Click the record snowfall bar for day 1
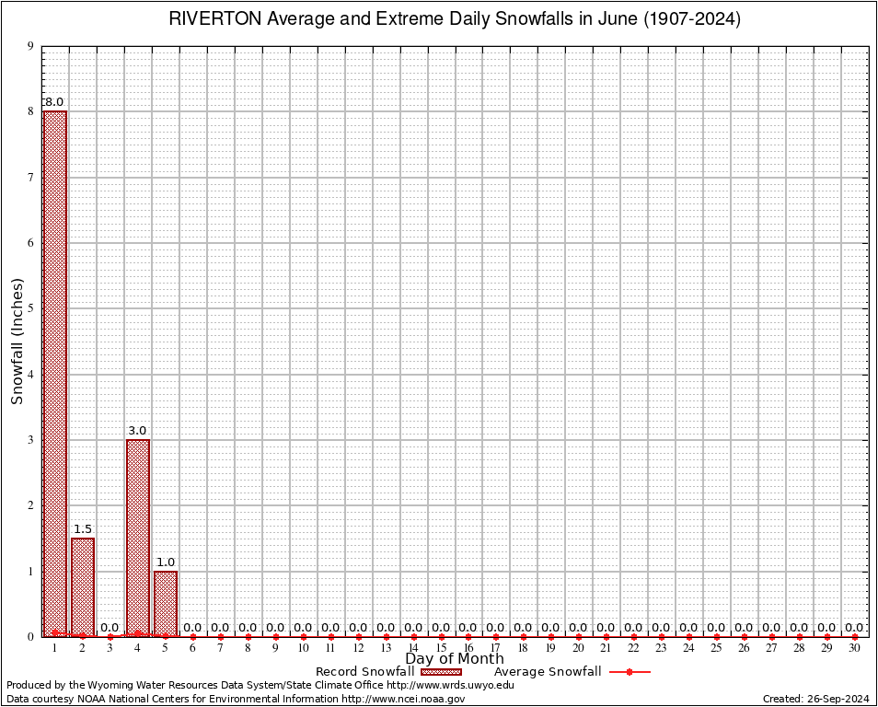pos(55,373)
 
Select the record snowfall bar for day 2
pos(83,586)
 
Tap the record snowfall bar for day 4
pos(138,538)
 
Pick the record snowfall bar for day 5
pos(166,603)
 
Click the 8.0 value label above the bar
pos(54,102)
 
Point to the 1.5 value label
pos(83,529)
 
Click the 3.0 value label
pos(137,431)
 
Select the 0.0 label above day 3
pos(110,628)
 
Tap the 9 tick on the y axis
pos(30,47)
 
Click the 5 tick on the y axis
pos(30,309)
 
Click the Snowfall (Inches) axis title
pos(17,341)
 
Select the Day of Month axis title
pos(455,659)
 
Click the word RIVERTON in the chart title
pos(213,19)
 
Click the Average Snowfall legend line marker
pos(630,672)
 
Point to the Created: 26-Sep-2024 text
pos(816,700)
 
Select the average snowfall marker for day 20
pos(579,636)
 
